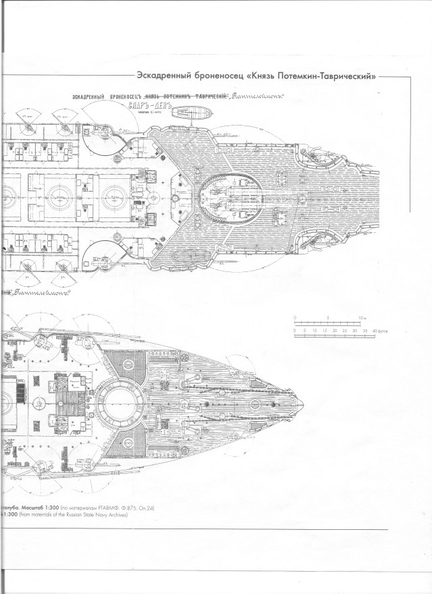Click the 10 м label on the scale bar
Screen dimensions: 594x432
363,317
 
